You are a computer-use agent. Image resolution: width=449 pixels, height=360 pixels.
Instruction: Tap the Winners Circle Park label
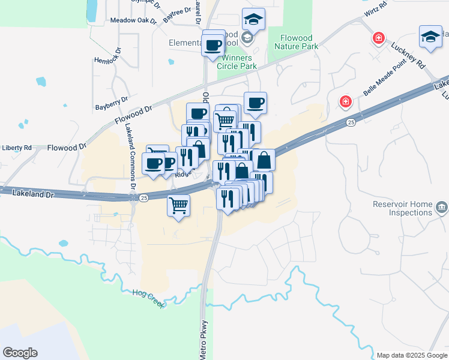240,62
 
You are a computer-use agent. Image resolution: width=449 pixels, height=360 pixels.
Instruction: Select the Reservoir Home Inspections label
402,208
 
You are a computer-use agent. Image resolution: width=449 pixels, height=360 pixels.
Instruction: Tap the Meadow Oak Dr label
133,20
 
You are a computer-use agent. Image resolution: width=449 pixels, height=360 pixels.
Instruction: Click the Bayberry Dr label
112,103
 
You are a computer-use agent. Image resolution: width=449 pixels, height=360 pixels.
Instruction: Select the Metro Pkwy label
204,340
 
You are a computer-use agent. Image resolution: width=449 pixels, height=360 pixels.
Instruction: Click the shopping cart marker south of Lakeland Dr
179,205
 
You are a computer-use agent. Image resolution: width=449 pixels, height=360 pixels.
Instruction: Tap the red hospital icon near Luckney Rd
379,40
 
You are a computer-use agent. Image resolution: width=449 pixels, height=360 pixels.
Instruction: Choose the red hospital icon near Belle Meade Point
345,101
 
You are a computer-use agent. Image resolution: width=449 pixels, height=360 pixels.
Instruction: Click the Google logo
20,353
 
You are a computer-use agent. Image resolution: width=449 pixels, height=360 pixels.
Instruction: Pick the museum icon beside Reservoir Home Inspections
441,208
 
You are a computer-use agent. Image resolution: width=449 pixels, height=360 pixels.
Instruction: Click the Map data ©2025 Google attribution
411,355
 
